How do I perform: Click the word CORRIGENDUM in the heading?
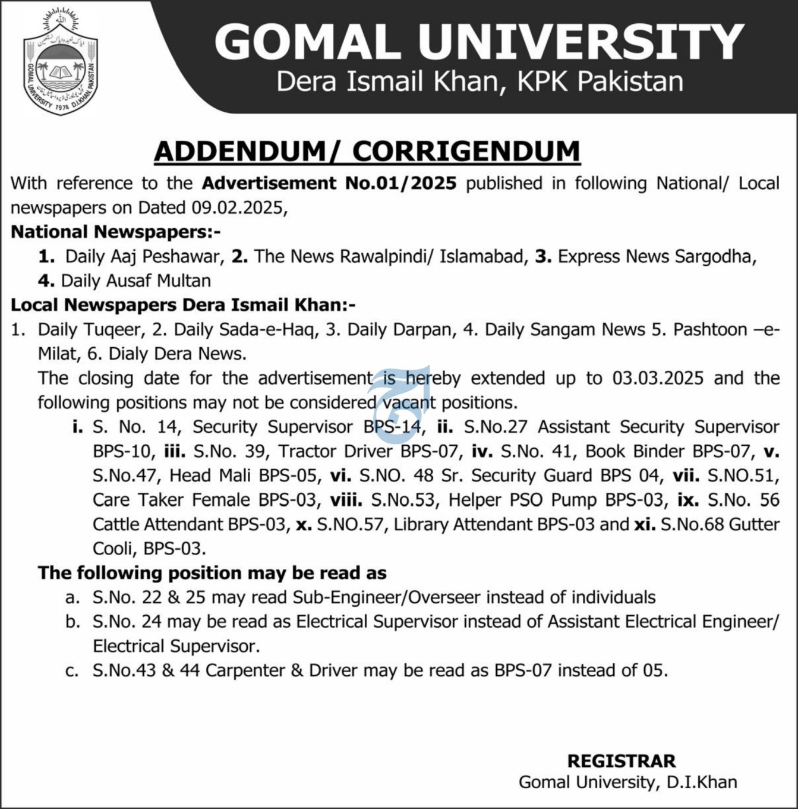coord(466,152)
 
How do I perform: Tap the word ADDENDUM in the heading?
coord(239,152)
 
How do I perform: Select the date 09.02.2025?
coord(238,207)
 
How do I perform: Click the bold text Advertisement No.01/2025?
coord(329,183)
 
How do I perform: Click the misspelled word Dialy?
coord(128,354)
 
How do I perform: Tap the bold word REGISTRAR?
coord(621,761)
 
